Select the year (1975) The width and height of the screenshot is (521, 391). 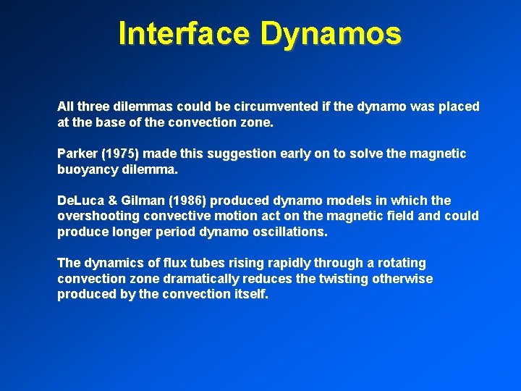(x=124, y=154)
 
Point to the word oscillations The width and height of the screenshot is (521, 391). (x=289, y=232)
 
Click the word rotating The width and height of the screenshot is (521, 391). (x=399, y=264)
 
